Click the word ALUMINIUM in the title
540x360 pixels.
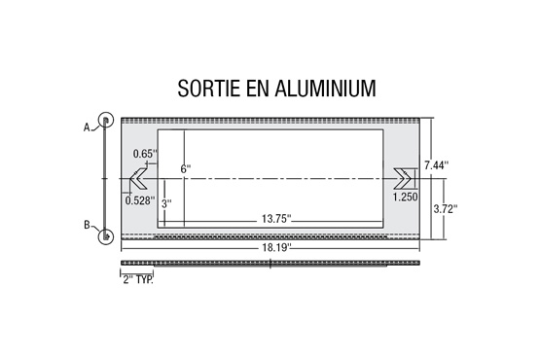click(325, 88)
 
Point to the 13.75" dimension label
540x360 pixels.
click(276, 219)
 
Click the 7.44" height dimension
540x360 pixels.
click(436, 165)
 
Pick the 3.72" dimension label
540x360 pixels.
click(446, 209)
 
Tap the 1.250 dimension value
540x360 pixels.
click(406, 198)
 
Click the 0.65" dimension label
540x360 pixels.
click(145, 154)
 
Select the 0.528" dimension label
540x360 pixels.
click(140, 200)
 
